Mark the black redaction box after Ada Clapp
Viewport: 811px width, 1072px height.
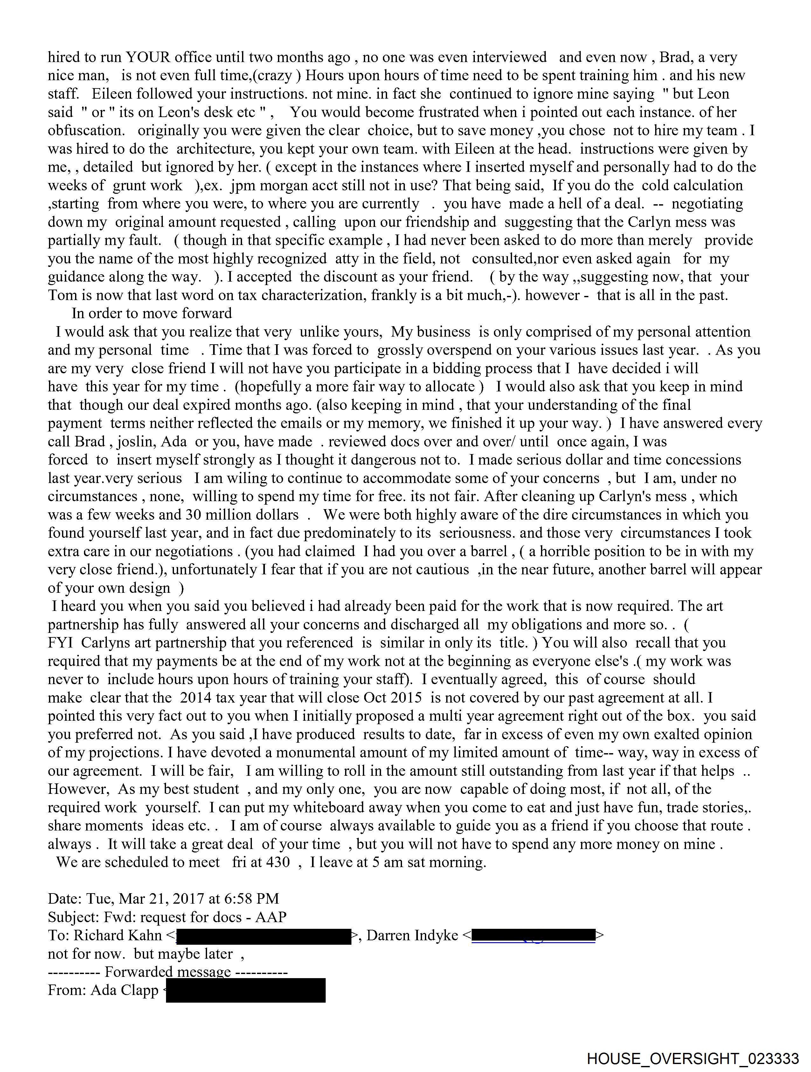(246, 990)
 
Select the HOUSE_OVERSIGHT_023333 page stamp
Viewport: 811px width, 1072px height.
(693, 1058)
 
